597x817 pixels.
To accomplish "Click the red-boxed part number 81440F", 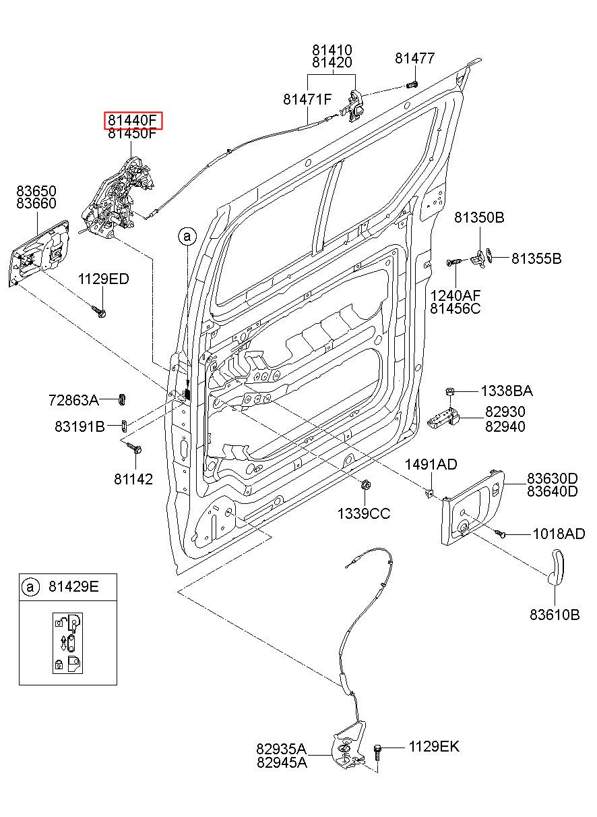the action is coord(133,120).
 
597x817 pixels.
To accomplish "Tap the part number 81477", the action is coord(415,58).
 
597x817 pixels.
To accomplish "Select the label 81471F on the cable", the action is coord(308,99).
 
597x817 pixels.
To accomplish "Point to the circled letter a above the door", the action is coord(187,237).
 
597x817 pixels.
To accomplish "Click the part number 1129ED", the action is coord(104,279).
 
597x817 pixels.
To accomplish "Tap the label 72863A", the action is coord(73,401).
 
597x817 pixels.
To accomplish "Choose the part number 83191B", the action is coord(80,426).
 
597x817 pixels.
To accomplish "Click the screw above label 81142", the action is coord(134,448).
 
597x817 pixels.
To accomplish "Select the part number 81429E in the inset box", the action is coord(73,586).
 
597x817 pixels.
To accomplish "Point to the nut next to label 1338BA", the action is coord(450,392).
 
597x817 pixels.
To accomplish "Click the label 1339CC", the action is coord(363,514).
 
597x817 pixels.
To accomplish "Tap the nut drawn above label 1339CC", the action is coord(365,485).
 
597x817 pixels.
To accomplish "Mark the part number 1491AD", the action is coord(431,464).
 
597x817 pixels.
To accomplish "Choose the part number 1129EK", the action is coord(434,746).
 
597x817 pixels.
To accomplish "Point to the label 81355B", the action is coord(536,258).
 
